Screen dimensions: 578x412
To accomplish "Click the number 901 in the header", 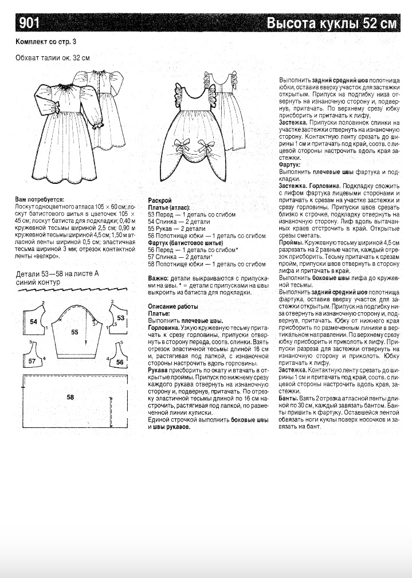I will (29, 23).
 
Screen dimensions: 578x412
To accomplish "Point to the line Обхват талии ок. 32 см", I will (53, 57).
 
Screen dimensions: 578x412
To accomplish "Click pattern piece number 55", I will (74, 331).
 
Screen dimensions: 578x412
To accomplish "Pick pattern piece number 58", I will (70, 396).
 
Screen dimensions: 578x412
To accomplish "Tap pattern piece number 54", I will (33, 322).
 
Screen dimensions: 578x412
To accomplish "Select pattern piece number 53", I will (120, 317).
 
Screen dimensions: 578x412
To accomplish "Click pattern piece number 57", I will (32, 361).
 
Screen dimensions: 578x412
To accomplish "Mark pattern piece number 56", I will (120, 362).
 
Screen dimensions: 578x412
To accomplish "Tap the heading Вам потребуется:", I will (40, 199).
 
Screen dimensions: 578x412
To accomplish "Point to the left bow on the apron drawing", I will (180, 144).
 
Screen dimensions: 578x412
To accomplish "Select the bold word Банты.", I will (289, 397).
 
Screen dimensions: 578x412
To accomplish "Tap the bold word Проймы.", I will (291, 243).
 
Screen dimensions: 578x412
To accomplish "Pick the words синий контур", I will (38, 282).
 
